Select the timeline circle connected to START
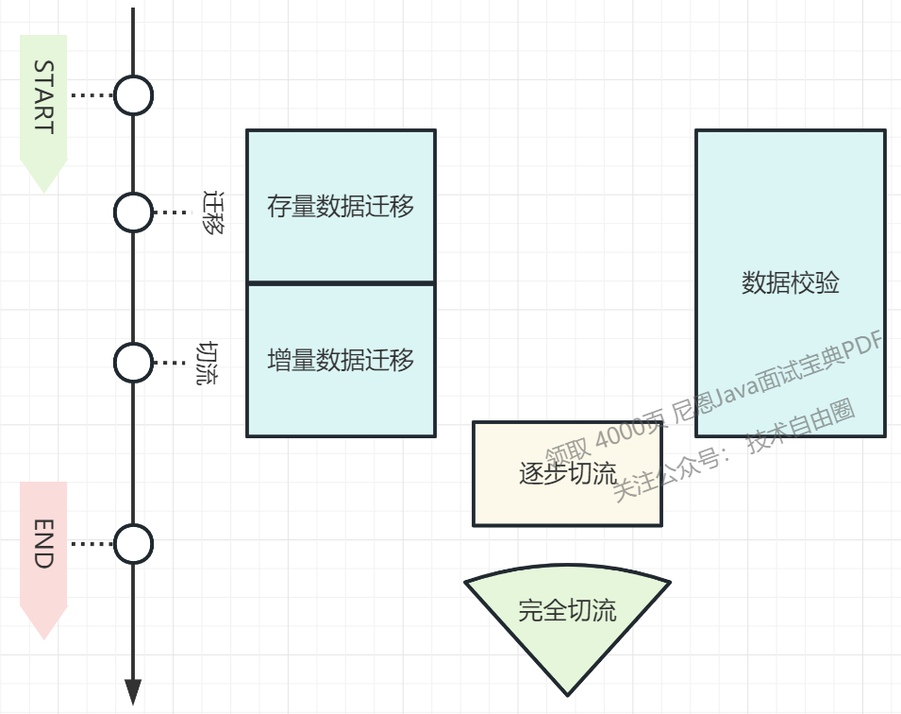tap(133, 95)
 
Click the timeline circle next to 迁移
tap(133, 212)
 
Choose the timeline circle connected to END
tap(133, 544)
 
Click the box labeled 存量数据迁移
tap(341, 206)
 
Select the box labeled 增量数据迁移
tap(341, 360)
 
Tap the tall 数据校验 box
tap(790, 282)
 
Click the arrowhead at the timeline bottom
tap(133, 691)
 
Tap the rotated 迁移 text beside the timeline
tap(215, 212)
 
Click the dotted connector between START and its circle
tap(92, 95)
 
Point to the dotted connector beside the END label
tap(92, 544)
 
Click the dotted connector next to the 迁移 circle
tap(171, 212)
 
